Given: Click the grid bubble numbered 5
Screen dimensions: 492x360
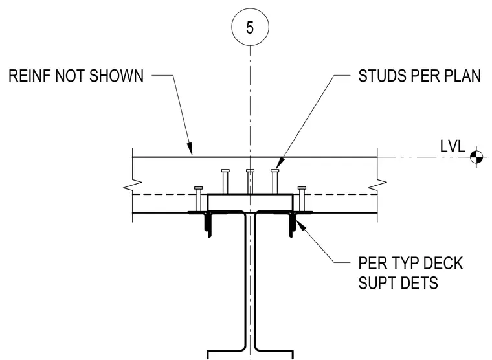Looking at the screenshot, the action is pyautogui.click(x=250, y=27).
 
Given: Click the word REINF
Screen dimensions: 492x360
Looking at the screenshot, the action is pyautogui.click(x=30, y=76).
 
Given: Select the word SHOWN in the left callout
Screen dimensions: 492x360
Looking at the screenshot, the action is pyautogui.click(x=117, y=76).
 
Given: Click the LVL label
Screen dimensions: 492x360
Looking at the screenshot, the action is pyautogui.click(x=453, y=146).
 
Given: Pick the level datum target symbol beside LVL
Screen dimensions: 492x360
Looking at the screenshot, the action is pyautogui.click(x=477, y=157).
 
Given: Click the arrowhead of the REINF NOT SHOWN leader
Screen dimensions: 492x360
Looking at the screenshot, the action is pyautogui.click(x=190, y=149).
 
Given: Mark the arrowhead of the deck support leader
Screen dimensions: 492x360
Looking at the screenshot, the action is pyautogui.click(x=299, y=224).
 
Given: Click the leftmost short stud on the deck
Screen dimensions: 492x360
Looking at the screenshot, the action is pyautogui.click(x=198, y=199).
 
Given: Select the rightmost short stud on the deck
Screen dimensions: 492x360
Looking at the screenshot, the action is pyautogui.click(x=302, y=199).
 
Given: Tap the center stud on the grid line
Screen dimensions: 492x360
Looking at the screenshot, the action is pyautogui.click(x=250, y=182).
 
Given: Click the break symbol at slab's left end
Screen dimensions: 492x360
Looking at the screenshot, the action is pyautogui.click(x=133, y=185).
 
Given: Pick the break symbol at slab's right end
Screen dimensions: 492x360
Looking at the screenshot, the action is pyautogui.click(x=377, y=185).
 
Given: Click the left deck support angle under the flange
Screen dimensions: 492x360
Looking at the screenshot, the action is pyautogui.click(x=207, y=224).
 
